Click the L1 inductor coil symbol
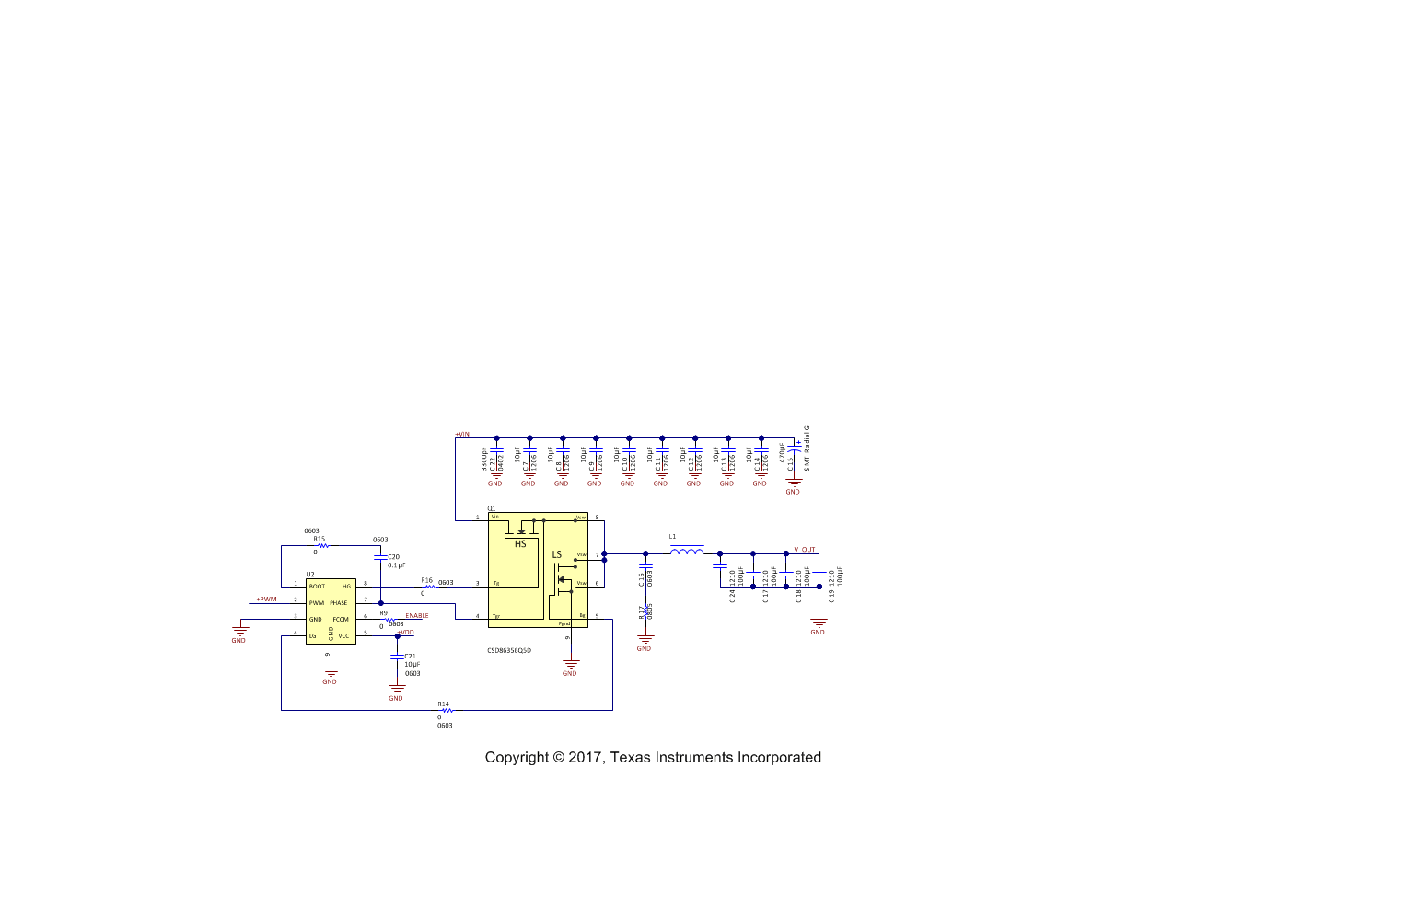(686, 552)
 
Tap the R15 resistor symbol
(323, 545)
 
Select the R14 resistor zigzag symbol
(447, 710)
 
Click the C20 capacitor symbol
(380, 559)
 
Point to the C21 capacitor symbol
(397, 657)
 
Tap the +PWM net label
(266, 600)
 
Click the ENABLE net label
(417, 616)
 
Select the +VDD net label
(406, 633)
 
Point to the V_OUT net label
(805, 550)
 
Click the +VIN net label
(462, 435)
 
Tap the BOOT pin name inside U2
(318, 587)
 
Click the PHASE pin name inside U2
(339, 603)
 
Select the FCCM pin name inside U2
(341, 620)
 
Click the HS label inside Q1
(520, 544)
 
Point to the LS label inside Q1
(556, 554)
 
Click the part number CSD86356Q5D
(509, 651)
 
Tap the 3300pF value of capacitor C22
(484, 460)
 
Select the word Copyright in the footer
(517, 758)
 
